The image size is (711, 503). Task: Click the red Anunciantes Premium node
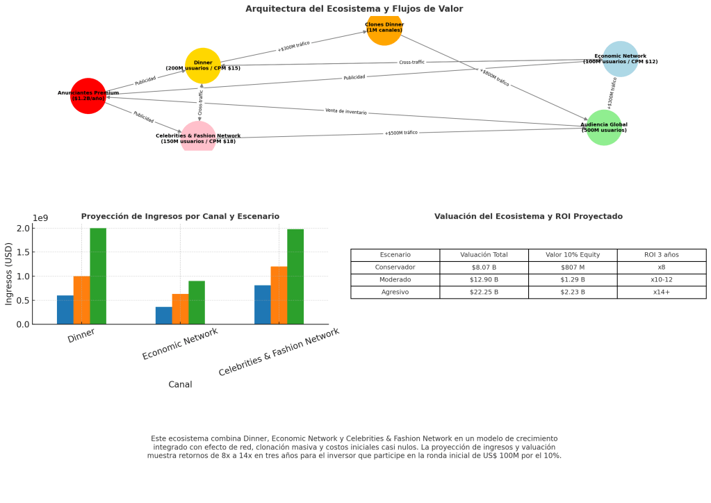(x=88, y=96)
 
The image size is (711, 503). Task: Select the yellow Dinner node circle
(x=203, y=66)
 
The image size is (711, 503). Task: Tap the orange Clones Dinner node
(x=384, y=28)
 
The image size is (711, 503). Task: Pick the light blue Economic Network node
(x=620, y=59)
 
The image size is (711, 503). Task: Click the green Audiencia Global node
(x=604, y=128)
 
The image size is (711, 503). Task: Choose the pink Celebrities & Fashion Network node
(x=198, y=138)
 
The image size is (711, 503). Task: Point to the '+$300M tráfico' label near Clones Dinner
(x=293, y=47)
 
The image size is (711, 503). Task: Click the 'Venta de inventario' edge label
(x=345, y=111)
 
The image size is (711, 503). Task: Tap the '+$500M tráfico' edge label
(x=401, y=133)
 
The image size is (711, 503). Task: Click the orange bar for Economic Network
(x=180, y=309)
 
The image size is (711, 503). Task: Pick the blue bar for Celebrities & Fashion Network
(x=263, y=305)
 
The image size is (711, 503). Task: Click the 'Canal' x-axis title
(x=180, y=384)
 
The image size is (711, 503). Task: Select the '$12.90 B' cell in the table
(x=484, y=280)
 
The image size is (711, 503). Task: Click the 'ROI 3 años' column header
(x=661, y=255)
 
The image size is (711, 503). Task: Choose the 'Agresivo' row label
(x=395, y=292)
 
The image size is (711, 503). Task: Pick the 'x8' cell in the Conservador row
(x=661, y=267)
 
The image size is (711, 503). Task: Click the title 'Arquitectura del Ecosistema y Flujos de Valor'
(x=354, y=9)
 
